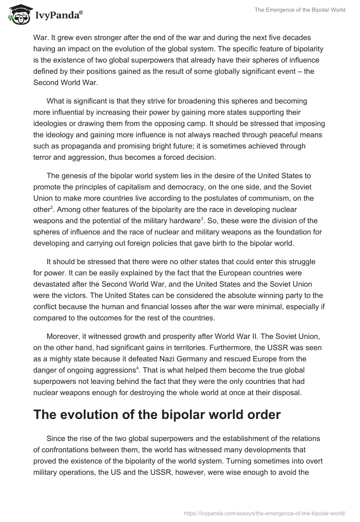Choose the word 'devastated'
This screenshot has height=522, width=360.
[x=51, y=284]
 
